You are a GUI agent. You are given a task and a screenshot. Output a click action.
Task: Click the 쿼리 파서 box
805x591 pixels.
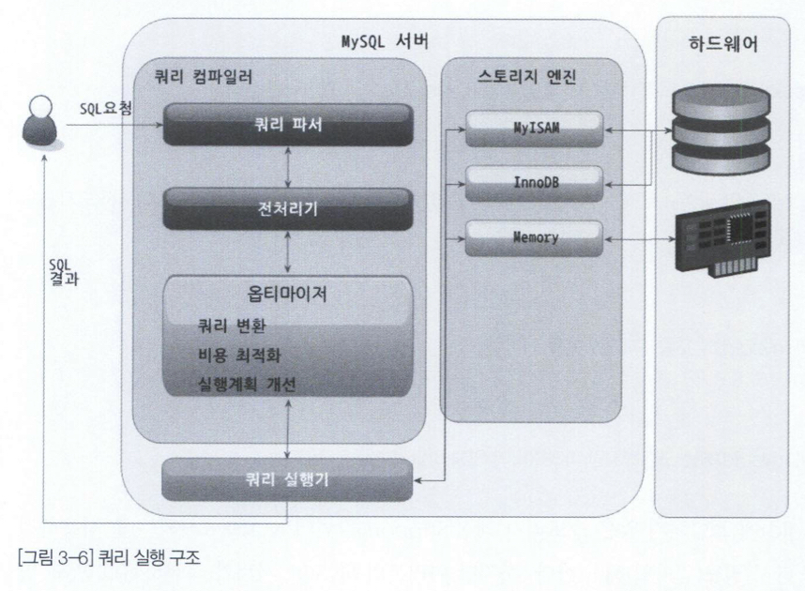click(x=289, y=124)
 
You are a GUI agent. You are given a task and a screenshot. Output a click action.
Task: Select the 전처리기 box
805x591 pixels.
click(x=289, y=208)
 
